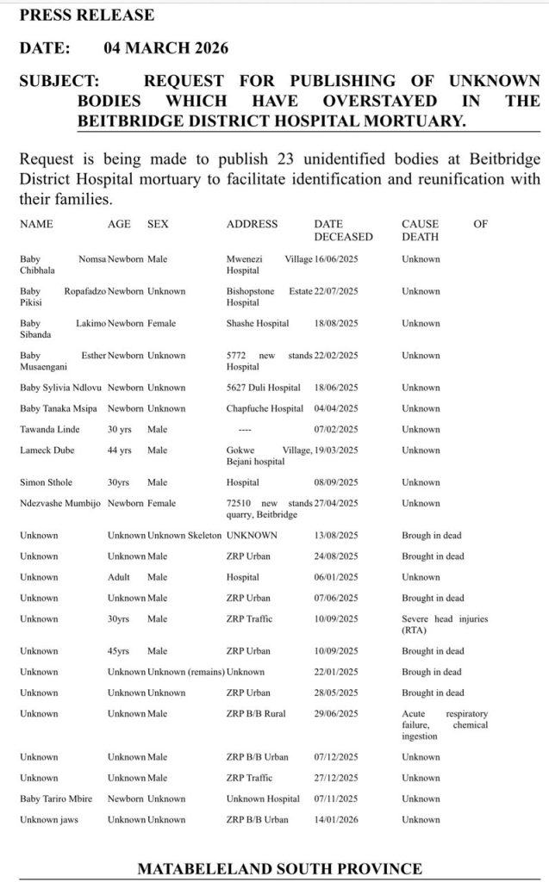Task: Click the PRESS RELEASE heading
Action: [86, 16]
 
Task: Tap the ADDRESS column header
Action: [252, 224]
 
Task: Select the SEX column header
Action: [158, 224]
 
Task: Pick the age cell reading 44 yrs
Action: [120, 450]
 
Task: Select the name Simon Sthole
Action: [45, 482]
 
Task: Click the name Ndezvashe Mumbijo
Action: [59, 504]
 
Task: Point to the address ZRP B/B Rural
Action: [257, 714]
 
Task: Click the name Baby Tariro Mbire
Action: [56, 799]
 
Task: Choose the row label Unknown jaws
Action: [48, 820]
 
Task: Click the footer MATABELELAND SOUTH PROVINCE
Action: [279, 868]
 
